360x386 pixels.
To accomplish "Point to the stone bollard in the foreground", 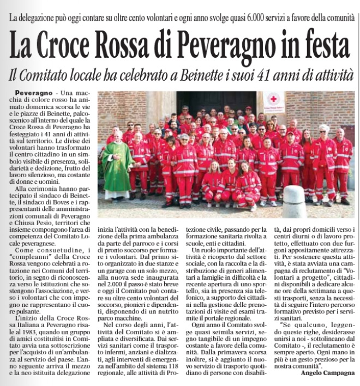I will [x=294, y=202].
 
